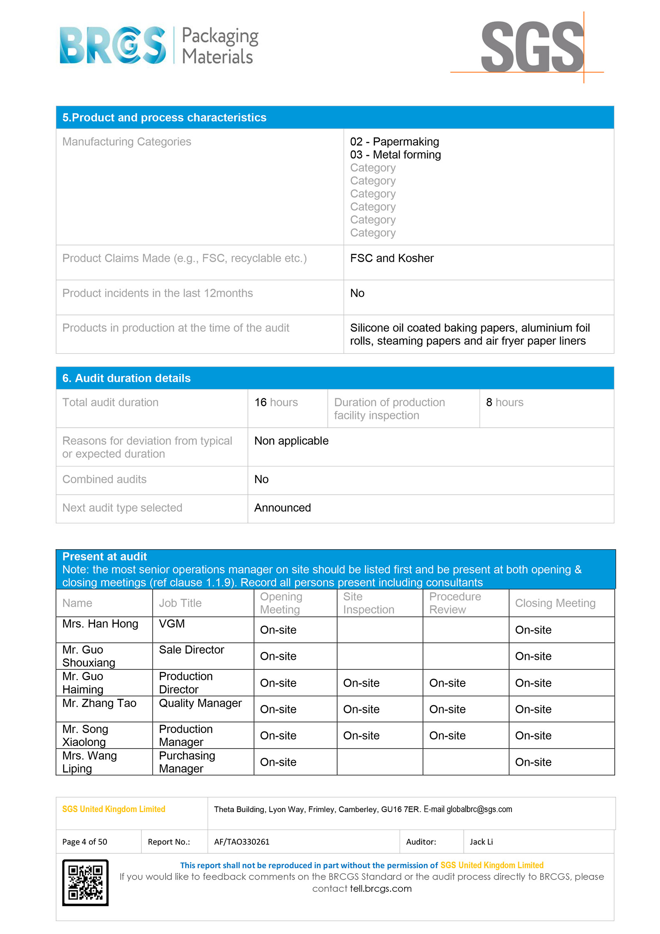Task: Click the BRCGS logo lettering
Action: coord(113,45)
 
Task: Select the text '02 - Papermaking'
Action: coord(394,142)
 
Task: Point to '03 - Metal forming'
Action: coord(395,155)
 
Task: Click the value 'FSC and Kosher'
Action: coord(392,258)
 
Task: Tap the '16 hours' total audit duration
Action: coord(276,402)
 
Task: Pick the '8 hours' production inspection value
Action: coord(504,402)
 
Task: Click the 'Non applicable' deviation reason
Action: coord(291,441)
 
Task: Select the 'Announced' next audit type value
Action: coord(282,508)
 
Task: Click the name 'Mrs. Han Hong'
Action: coord(100,624)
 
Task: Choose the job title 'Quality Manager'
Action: coord(200,703)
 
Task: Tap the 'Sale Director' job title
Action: coord(191,650)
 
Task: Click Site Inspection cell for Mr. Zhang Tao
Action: coord(361,709)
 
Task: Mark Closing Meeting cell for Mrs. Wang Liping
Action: coord(533,762)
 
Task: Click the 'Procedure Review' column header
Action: coord(455,603)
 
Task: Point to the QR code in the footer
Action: coord(85,882)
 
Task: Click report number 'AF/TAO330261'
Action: coord(242,842)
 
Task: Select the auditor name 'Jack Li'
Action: coord(481,842)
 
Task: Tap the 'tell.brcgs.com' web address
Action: coord(381,888)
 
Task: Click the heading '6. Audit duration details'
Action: coord(126,378)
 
